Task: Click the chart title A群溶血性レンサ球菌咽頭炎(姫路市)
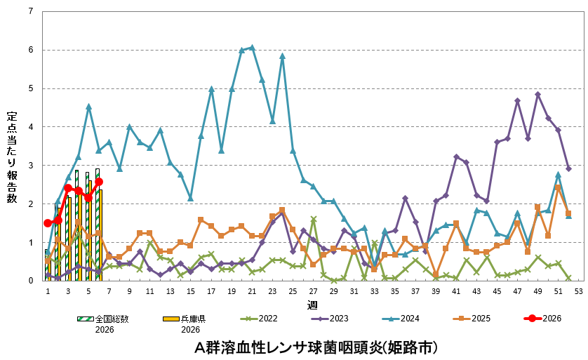[317, 347]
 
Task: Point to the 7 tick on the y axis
[30, 12]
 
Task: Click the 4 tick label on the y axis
[30, 127]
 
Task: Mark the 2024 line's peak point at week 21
[252, 48]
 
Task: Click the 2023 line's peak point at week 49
[537, 94]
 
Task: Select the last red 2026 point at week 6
[99, 182]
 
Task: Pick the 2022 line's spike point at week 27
[313, 219]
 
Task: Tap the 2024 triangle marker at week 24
[282, 56]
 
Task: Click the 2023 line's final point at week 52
[568, 168]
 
